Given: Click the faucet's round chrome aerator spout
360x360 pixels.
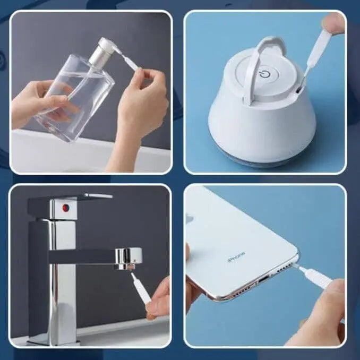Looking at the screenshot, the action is pyautogui.click(x=128, y=258).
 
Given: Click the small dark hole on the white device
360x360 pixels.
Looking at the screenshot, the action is pyautogui.click(x=298, y=90).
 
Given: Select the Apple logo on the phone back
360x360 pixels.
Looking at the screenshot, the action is pyautogui.click(x=189, y=218).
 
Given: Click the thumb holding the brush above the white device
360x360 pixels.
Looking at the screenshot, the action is pyautogui.click(x=333, y=22).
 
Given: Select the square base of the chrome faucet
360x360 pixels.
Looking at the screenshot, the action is pyautogui.click(x=53, y=339).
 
